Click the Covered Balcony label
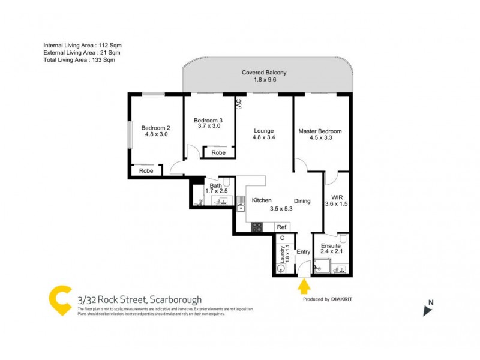[x=264, y=73]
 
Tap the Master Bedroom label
[x=320, y=131]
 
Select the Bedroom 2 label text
[x=155, y=127]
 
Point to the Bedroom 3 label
[x=209, y=121]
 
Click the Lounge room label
[x=263, y=131]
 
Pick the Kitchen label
[x=262, y=200]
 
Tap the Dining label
[x=302, y=201]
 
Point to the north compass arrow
[x=427, y=310]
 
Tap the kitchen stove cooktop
[x=256, y=227]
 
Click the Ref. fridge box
[x=282, y=227]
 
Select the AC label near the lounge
[x=238, y=103]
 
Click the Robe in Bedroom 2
[x=146, y=171]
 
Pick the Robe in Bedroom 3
[x=218, y=153]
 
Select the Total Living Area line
[x=79, y=60]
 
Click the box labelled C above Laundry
[x=282, y=238]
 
